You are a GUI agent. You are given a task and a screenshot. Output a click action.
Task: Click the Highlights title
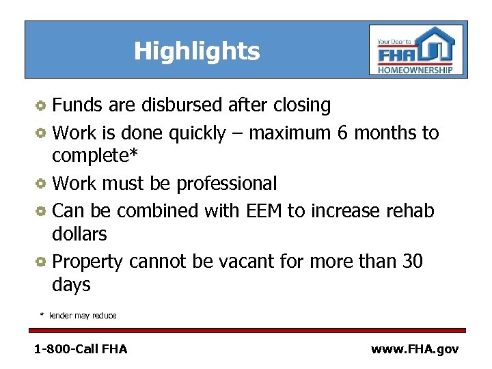(197, 51)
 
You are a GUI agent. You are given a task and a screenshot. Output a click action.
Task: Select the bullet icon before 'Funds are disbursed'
(42, 106)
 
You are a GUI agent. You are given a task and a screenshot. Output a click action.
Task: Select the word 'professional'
(227, 184)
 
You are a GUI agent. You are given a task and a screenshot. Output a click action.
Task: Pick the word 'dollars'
(79, 234)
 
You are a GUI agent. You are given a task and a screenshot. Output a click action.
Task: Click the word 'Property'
(87, 262)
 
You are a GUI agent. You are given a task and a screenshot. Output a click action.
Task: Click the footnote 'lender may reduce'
(83, 316)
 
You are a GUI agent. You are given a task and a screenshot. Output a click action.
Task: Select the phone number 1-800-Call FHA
(81, 349)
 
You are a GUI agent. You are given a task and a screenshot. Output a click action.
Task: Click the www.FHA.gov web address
(415, 349)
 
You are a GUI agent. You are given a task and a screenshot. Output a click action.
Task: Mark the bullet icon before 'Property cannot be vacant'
(42, 262)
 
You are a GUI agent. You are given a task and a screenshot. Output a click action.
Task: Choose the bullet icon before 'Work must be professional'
(42, 184)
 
